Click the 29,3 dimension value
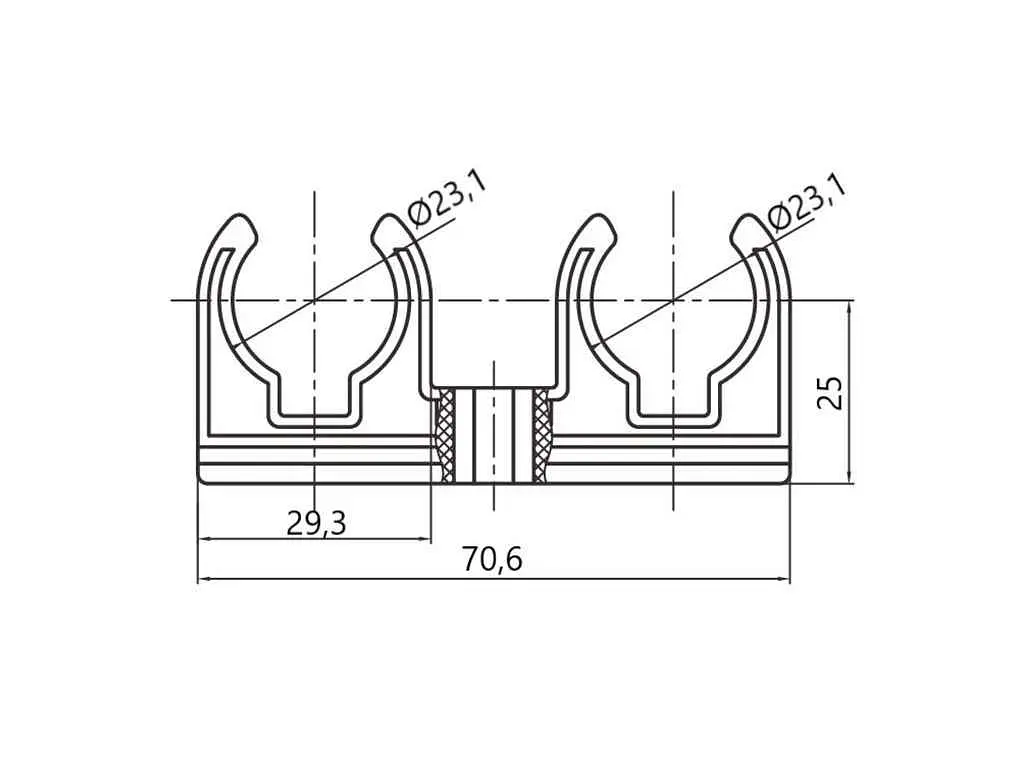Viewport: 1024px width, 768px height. pyautogui.click(x=316, y=523)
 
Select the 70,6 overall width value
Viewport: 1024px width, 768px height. pyautogui.click(x=493, y=559)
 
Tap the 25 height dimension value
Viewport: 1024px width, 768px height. pyautogui.click(x=831, y=392)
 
